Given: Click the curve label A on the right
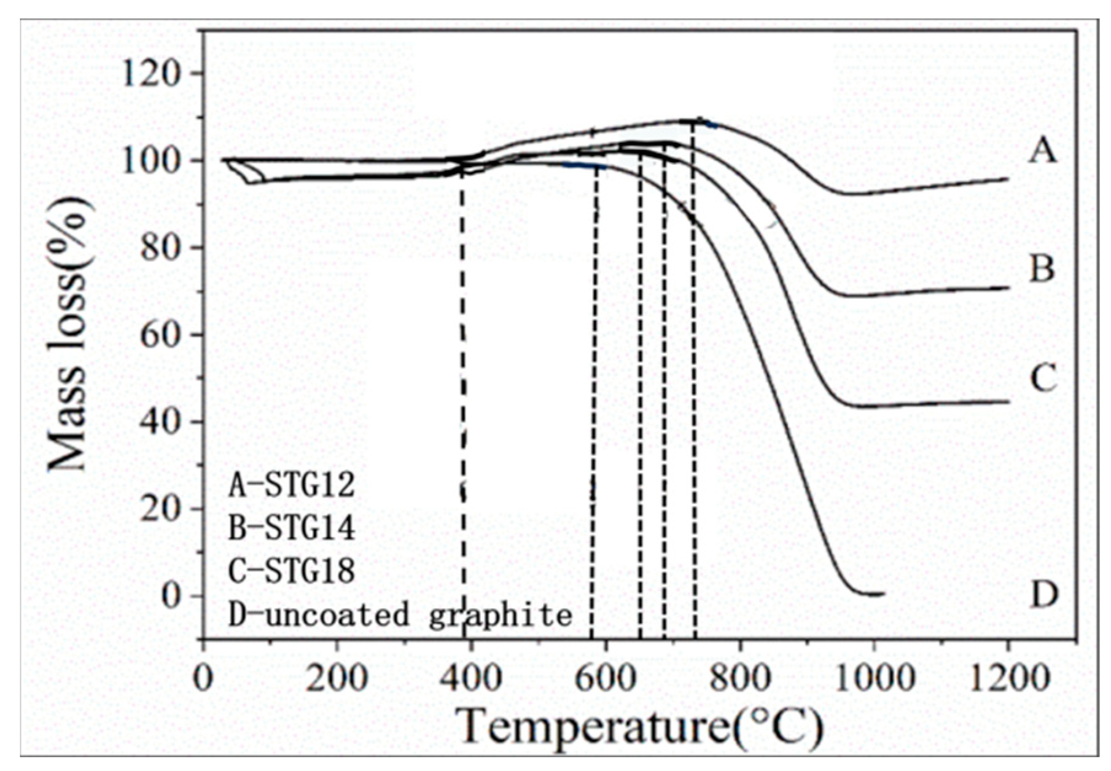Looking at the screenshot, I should pyautogui.click(x=1042, y=150).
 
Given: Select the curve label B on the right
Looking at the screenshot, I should pyautogui.click(x=1042, y=268).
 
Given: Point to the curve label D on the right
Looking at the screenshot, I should pyautogui.click(x=1043, y=594).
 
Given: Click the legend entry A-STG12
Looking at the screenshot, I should pyautogui.click(x=292, y=485).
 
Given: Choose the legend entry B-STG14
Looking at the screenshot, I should pyautogui.click(x=292, y=528).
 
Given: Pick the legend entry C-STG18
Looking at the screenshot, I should pyautogui.click(x=292, y=571).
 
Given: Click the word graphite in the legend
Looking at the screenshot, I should pyautogui.click(x=501, y=615).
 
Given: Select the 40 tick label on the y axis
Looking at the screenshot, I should pyautogui.click(x=161, y=421).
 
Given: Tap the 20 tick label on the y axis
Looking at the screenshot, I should pyautogui.click(x=161, y=509).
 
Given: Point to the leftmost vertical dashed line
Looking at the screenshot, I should pyautogui.click(x=463, y=399).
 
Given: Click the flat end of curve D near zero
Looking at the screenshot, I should pyautogui.click(x=872, y=593).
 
